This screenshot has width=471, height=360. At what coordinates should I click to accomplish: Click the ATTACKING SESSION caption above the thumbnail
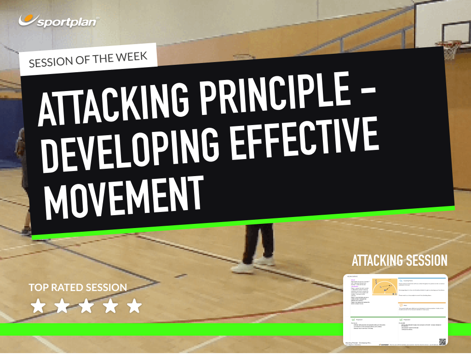coord(399,261)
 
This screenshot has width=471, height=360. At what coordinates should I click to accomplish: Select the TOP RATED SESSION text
coord(78,288)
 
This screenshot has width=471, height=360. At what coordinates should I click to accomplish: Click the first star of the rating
coord(37,306)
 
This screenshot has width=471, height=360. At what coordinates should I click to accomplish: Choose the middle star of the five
coord(86,306)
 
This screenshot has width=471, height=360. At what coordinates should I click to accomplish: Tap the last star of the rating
coord(134,306)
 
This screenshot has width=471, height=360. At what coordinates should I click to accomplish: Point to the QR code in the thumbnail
coord(442,342)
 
